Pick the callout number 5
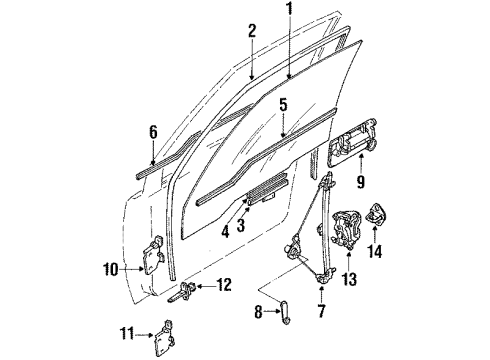(283, 103)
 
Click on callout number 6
(153, 131)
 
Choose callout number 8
(259, 312)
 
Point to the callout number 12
(224, 286)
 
